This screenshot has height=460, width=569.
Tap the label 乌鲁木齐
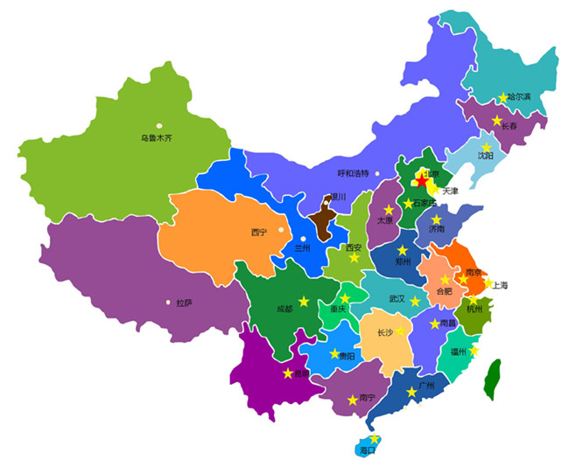point(157,138)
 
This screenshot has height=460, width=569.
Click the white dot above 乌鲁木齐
point(159,126)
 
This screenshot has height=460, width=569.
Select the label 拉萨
point(184,303)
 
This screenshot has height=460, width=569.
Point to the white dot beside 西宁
point(280,230)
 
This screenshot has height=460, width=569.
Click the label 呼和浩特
point(354,173)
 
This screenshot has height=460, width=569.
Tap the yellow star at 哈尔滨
point(503,98)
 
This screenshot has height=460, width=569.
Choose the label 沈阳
point(485,157)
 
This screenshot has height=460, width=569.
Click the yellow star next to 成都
point(304,301)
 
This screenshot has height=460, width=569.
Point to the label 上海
point(500,285)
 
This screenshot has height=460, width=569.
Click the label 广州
point(427,385)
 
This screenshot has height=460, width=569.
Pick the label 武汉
point(397,299)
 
